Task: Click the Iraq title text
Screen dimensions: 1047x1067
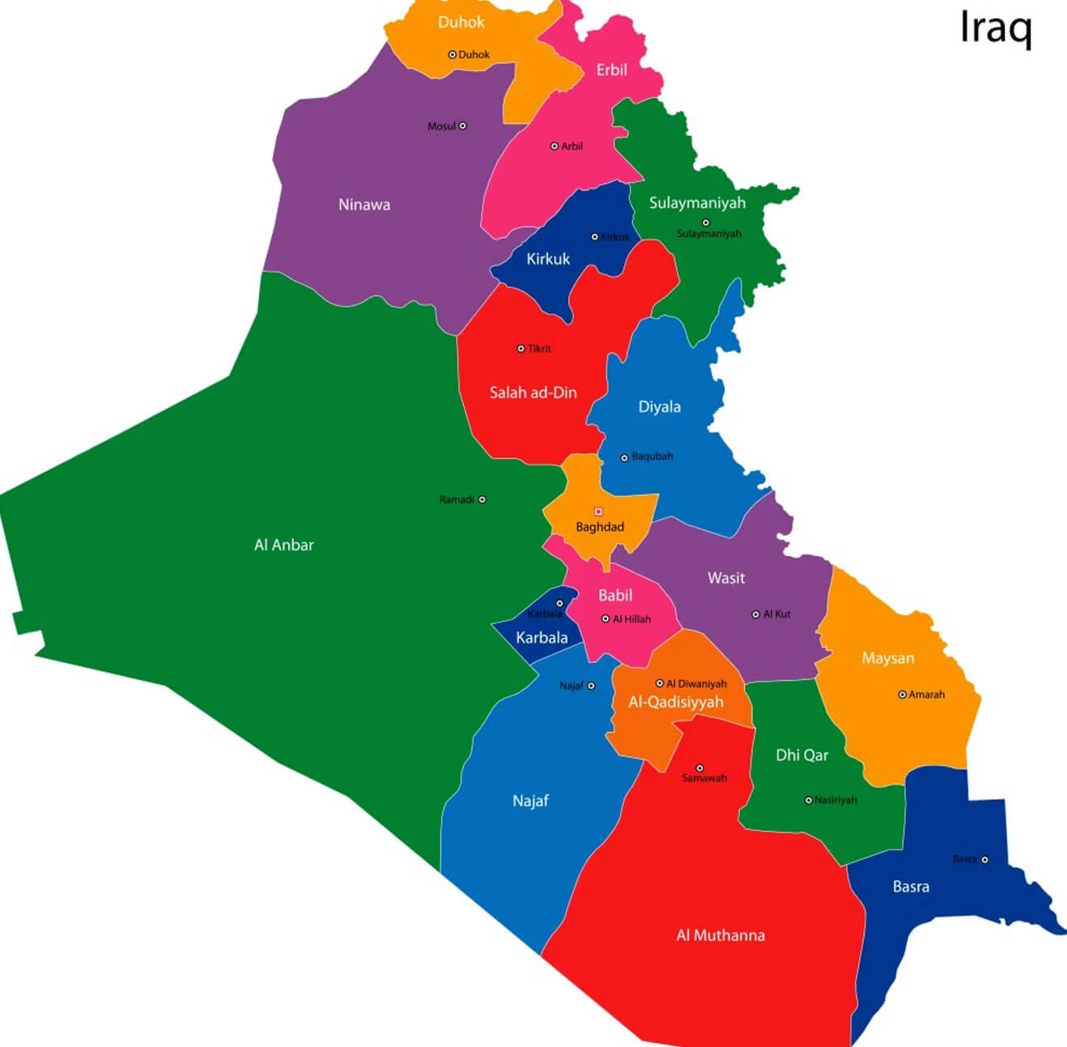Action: pos(996,28)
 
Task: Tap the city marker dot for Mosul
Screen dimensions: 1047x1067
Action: pos(463,126)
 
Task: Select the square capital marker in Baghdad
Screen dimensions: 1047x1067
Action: pos(598,512)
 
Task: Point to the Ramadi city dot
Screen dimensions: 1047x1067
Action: pos(482,500)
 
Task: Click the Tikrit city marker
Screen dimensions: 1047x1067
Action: pos(521,349)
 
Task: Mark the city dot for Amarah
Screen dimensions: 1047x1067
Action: pos(902,695)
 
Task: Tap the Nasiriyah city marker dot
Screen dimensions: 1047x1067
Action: pos(808,800)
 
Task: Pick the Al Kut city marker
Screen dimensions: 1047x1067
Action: pos(755,615)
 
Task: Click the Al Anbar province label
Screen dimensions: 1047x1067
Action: pos(283,545)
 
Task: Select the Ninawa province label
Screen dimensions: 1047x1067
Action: pos(364,205)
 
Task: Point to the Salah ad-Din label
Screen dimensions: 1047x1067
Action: pos(533,393)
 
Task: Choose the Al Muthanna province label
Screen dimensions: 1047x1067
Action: pos(721,935)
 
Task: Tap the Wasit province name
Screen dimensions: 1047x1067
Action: pos(726,578)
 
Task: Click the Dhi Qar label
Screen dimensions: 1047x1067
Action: pos(802,755)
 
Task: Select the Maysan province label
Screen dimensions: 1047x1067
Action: pos(888,658)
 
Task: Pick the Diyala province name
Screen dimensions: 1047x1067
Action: pos(660,407)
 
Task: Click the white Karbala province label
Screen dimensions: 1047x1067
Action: pos(542,638)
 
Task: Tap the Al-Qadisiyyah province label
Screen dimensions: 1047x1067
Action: pos(676,702)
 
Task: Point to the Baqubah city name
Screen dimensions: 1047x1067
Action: pos(653,457)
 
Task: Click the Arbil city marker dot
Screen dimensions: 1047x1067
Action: pos(555,147)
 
